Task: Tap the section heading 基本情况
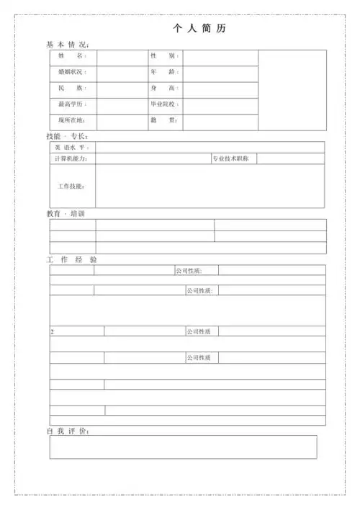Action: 67,45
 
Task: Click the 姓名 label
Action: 71,56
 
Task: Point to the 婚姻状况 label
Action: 72,72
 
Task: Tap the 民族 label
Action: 71,88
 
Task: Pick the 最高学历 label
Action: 72,104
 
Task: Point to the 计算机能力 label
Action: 71,158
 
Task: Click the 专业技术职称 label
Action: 230,158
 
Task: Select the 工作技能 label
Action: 71,186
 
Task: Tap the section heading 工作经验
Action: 71,259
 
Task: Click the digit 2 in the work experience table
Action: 52,332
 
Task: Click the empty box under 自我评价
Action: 183,447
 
